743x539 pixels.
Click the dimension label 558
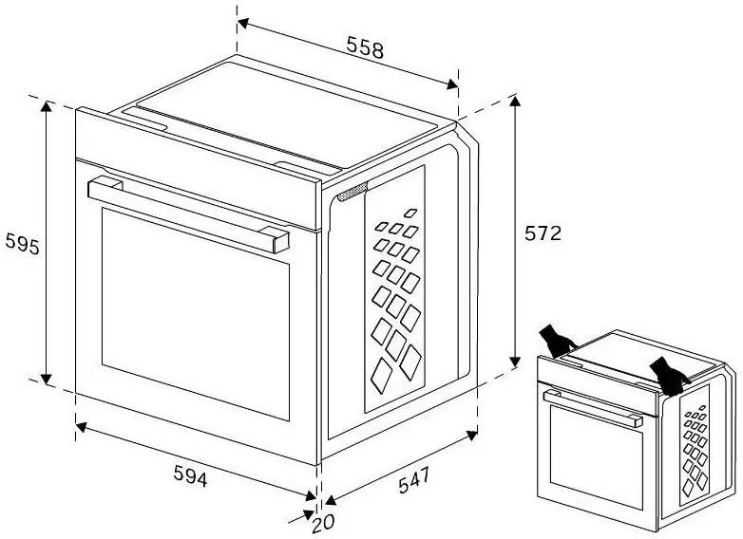click(365, 46)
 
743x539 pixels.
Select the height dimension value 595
click(22, 244)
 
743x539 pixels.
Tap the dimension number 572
click(543, 233)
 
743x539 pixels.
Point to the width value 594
click(190, 475)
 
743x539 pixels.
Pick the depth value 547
click(413, 479)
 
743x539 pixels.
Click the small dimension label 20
click(323, 523)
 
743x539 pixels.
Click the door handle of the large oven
click(188, 214)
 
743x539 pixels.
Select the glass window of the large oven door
click(195, 314)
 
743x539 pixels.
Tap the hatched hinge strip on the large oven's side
click(352, 192)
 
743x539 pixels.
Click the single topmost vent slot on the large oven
click(410, 213)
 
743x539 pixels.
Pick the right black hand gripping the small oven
click(669, 376)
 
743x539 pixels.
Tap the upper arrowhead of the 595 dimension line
click(46, 106)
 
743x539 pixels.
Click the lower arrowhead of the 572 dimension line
click(515, 361)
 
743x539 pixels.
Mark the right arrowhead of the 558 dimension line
click(452, 84)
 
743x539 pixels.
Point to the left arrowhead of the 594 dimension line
click(82, 427)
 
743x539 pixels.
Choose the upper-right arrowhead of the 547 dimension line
click(472, 435)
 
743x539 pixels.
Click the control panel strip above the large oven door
click(198, 169)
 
